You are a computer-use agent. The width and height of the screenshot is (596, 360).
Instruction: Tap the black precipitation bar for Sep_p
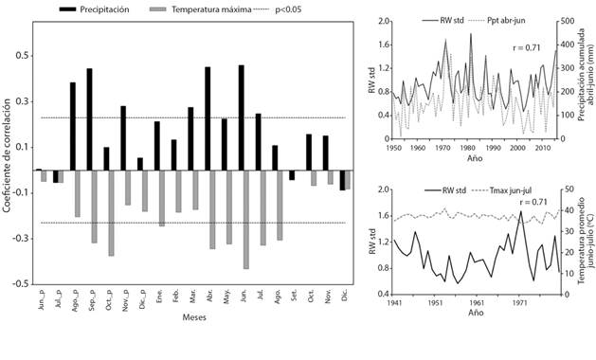89,119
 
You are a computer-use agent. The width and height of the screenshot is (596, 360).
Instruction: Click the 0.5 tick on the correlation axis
21,56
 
